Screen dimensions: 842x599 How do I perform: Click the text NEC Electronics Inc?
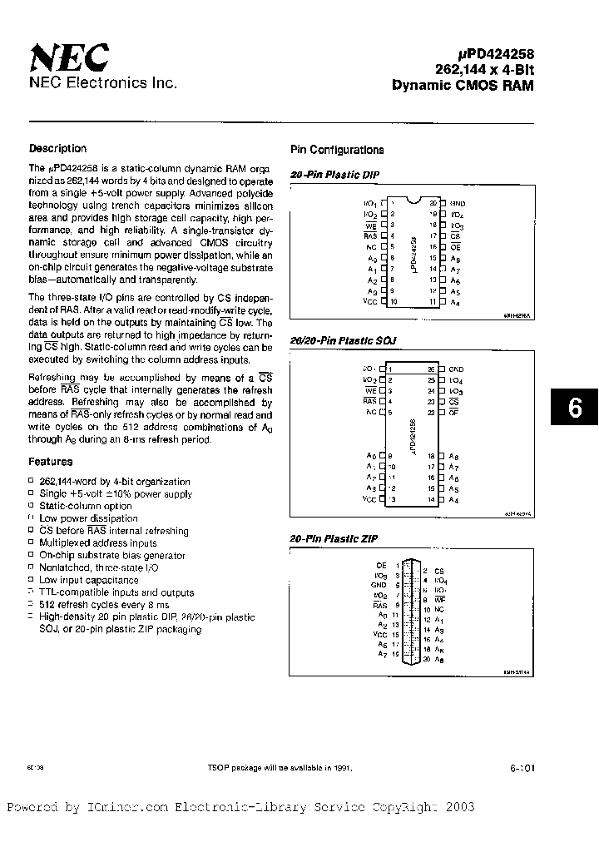(x=102, y=83)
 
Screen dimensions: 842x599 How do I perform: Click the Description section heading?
(x=57, y=149)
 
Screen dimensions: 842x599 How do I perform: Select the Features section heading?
(x=51, y=462)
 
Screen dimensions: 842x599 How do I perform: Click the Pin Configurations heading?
(x=337, y=151)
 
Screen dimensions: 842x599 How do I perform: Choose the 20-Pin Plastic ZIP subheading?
(x=323, y=539)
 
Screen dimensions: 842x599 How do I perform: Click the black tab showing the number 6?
(x=574, y=409)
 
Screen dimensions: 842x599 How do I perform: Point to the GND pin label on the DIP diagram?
(x=458, y=203)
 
